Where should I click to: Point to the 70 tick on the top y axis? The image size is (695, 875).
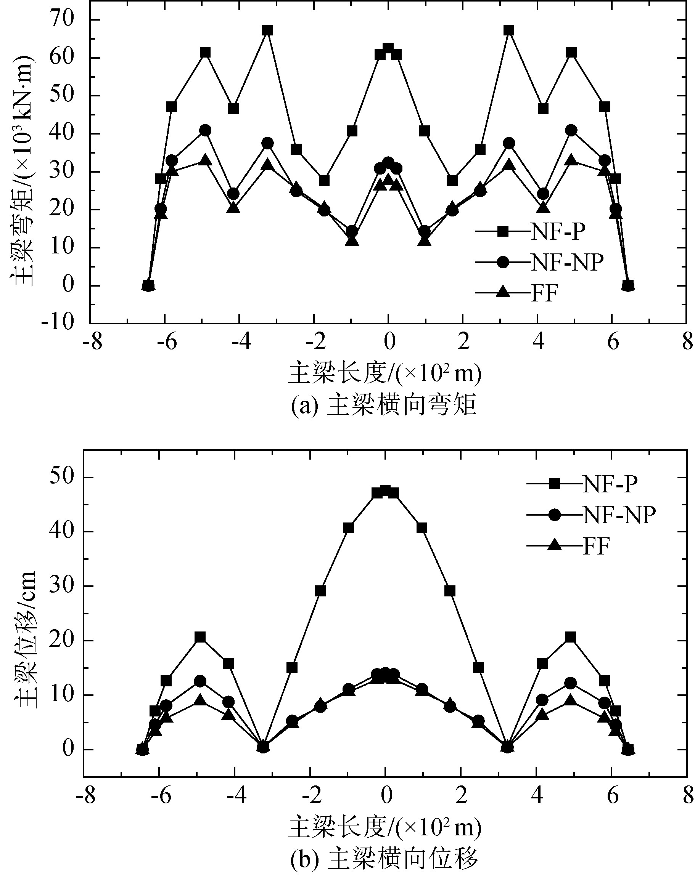pyautogui.click(x=61, y=19)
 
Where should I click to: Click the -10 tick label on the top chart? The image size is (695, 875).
pyautogui.click(x=57, y=323)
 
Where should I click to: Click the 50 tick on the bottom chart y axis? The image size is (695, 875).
pyautogui.click(x=61, y=477)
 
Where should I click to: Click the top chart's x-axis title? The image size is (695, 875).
pyautogui.click(x=384, y=373)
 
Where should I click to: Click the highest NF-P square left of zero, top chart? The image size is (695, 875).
pyautogui.click(x=267, y=30)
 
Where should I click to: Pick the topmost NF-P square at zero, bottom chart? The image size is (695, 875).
pyautogui.click(x=385, y=490)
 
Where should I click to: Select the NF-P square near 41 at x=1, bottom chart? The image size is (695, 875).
pyautogui.click(x=422, y=527)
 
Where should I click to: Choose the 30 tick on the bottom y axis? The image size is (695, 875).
pyautogui.click(x=61, y=586)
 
